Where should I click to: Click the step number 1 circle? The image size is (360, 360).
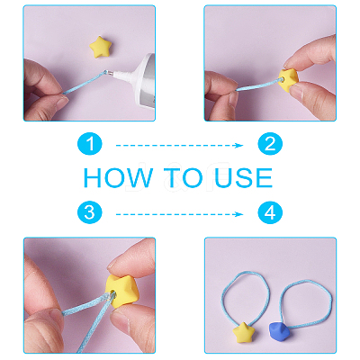coord(90,144)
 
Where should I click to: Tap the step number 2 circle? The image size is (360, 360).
coord(270,144)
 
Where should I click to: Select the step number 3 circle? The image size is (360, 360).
coord(90,212)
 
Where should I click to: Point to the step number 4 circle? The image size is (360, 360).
coord(270,212)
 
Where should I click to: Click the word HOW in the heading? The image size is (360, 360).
coord(118,177)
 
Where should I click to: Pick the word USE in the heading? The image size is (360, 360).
coord(244,177)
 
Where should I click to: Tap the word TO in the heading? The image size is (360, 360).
coord(184,177)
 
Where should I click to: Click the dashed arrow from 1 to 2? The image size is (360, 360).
coord(179,146)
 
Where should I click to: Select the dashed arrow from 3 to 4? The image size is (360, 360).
coord(179,214)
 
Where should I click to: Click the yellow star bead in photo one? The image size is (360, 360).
coord(101,47)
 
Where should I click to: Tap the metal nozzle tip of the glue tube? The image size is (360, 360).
coord(110,73)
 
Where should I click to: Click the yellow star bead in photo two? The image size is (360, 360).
coord(289,80)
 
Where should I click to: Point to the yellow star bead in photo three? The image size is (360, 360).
coord(121,291)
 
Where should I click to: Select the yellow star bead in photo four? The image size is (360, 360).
coord(244,332)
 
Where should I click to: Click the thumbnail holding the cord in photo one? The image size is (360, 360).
coord(60,103)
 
